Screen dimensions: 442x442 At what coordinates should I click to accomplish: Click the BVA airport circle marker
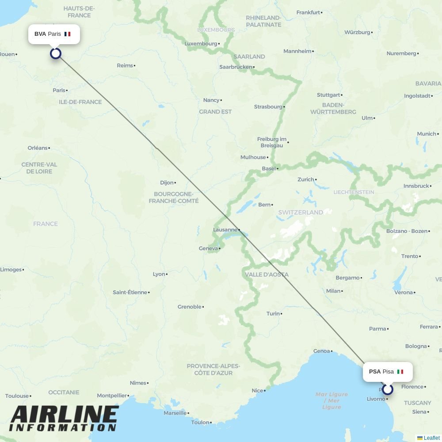[x=55, y=53]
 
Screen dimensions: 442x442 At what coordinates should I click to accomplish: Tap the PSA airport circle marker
[x=388, y=389]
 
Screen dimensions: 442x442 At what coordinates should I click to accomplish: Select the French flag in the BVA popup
[x=67, y=34]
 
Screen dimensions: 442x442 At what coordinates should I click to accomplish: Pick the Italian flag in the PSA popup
[x=400, y=372]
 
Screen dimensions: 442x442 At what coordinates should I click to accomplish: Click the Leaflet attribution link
[x=431, y=438]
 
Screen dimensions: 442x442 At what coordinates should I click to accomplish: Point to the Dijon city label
[x=167, y=183]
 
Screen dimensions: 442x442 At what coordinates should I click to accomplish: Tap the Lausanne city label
[x=225, y=230]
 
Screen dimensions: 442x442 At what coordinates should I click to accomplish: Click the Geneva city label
[x=209, y=248]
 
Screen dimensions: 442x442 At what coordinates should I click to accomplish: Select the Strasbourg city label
[x=268, y=107]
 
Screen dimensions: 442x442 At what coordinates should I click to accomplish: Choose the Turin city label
[x=273, y=313]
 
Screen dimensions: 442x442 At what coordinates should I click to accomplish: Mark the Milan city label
[x=333, y=291]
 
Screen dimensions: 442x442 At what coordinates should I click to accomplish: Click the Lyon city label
[x=159, y=274]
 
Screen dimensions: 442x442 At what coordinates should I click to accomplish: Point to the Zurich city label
[x=306, y=179]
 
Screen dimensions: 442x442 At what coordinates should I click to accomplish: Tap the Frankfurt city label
[x=308, y=12]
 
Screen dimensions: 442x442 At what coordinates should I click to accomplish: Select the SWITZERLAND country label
[x=301, y=212]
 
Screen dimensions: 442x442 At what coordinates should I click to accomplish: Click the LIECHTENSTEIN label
[x=354, y=192]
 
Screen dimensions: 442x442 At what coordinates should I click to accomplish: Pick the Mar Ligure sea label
[x=331, y=400]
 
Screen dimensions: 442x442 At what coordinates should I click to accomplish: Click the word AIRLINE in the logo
[x=64, y=415]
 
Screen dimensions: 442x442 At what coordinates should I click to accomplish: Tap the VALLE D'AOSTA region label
[x=267, y=274]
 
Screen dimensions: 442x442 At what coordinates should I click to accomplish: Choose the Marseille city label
[x=175, y=413]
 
